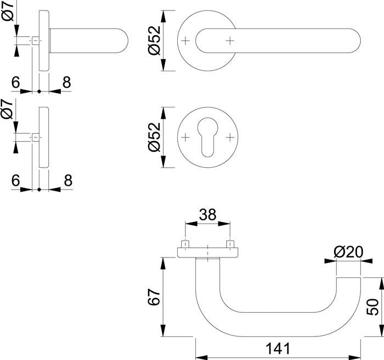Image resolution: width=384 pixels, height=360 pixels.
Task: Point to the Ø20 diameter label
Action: [348, 253]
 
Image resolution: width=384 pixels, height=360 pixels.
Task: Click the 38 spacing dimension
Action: [207, 215]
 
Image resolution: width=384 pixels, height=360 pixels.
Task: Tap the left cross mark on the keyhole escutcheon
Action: [186, 136]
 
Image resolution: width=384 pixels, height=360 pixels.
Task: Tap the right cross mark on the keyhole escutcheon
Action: [229, 136]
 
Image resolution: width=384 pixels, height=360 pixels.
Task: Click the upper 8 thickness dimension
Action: [66, 83]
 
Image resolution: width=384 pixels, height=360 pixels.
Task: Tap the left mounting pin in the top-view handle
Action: [186, 244]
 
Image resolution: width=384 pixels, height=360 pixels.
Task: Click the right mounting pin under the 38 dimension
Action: [229, 244]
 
